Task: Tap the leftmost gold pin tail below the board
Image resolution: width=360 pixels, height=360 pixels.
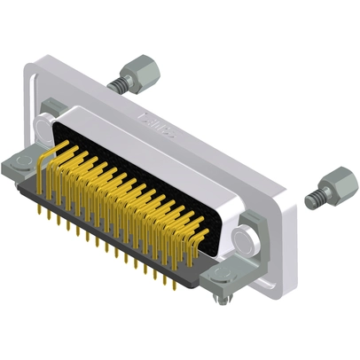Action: pyautogui.click(x=42, y=213)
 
